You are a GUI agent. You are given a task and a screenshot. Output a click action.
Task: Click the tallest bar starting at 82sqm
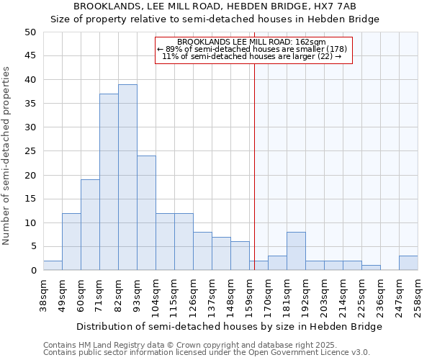pos(127,177)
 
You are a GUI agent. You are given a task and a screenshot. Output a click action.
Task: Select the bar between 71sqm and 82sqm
pos(109,182)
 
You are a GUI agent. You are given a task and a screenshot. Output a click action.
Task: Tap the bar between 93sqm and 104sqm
pos(146,213)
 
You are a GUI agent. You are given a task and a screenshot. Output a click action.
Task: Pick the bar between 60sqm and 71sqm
pos(90,225)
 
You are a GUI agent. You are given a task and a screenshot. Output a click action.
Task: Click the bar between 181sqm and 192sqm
pos(296,251)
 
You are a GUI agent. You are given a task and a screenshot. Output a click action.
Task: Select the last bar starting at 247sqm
pos(408,263)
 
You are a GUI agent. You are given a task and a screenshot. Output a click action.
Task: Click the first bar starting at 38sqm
pos(53,266)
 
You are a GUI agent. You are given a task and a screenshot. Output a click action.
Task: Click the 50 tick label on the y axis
pos(30,32)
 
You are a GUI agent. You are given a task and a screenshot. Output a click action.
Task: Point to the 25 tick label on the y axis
pos(30,151)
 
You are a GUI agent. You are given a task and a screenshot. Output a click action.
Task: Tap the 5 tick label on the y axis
pos(32,247)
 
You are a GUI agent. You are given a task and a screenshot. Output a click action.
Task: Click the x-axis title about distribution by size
pos(229,326)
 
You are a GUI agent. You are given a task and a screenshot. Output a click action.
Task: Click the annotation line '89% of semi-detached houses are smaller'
pos(252,49)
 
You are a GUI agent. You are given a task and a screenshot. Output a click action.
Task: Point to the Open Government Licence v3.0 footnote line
pos(206,353)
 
